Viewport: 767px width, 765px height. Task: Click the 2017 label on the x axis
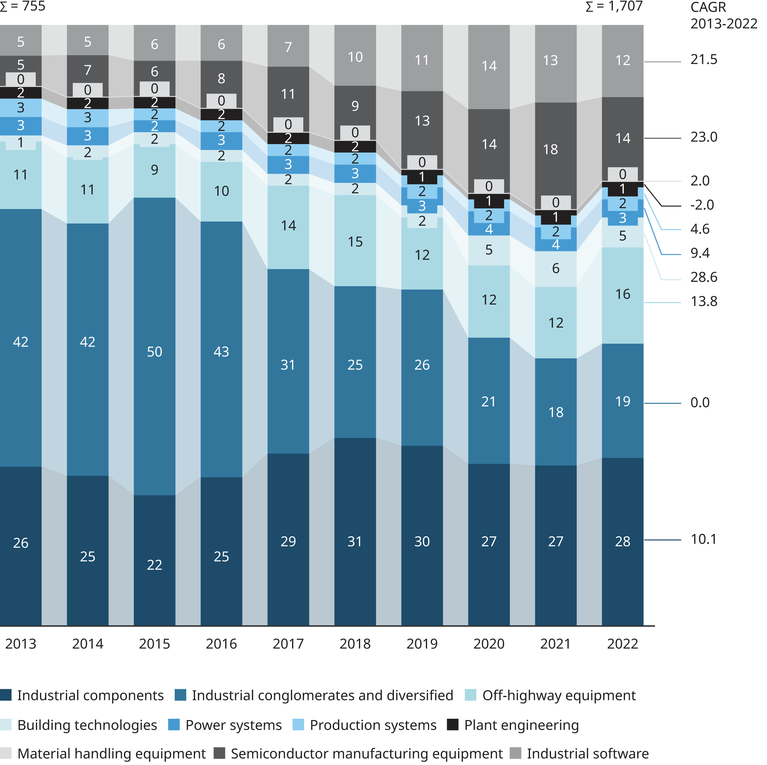[288, 644]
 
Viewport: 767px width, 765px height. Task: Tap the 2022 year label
[622, 644]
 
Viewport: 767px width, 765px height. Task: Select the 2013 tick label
[21, 644]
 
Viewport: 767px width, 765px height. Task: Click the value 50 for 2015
[154, 352]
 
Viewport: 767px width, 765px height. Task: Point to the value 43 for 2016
[221, 352]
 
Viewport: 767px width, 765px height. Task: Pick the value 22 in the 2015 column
[154, 565]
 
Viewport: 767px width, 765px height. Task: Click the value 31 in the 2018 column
[355, 541]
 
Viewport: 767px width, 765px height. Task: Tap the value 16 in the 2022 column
[622, 294]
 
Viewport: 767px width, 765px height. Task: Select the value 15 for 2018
[355, 242]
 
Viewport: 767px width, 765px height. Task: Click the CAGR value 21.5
[703, 60]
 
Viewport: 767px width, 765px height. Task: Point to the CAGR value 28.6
[703, 277]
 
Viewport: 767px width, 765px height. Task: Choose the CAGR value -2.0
[702, 205]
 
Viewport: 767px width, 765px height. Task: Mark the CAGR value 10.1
[703, 539]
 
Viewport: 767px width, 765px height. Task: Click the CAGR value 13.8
[703, 301]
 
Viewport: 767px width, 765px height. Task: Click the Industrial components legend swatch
[6, 695]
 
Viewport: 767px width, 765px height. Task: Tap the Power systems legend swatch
[174, 725]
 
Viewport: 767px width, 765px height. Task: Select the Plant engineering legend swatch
[453, 725]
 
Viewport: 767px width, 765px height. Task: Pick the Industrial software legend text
[588, 754]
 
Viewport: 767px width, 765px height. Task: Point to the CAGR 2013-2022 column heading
[723, 16]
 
